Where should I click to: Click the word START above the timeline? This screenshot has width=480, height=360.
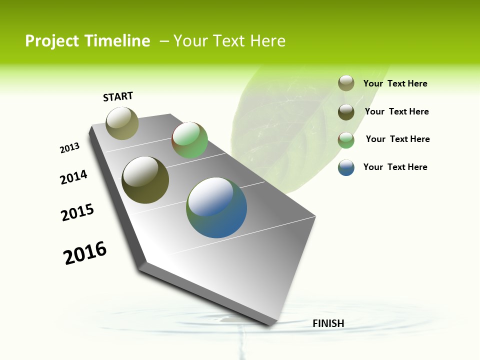click(x=118, y=96)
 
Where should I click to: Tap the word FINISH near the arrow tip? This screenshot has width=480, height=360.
click(x=328, y=323)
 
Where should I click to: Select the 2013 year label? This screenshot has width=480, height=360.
click(x=69, y=148)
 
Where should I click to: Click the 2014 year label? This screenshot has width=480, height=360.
click(x=73, y=177)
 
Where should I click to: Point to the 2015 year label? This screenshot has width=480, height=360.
click(x=77, y=212)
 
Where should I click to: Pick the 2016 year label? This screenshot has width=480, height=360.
click(x=85, y=253)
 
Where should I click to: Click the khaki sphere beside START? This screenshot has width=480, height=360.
click(x=122, y=123)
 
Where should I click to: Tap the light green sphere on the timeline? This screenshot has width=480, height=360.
click(x=189, y=140)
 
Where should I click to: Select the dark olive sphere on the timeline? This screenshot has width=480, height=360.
click(x=145, y=180)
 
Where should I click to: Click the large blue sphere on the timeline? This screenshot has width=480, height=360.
click(x=216, y=207)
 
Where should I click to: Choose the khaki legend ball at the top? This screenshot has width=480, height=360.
click(x=346, y=83)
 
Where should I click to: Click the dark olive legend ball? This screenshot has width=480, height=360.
click(x=346, y=112)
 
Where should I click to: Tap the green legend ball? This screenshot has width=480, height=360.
click(x=346, y=140)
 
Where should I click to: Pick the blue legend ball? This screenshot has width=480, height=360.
click(x=346, y=168)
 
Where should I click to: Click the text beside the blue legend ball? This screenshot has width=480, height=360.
click(x=395, y=167)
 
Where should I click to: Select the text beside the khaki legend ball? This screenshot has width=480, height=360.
click(x=395, y=83)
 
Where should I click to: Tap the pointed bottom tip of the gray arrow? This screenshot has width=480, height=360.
click(x=270, y=325)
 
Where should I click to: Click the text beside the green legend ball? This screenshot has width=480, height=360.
click(x=397, y=139)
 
